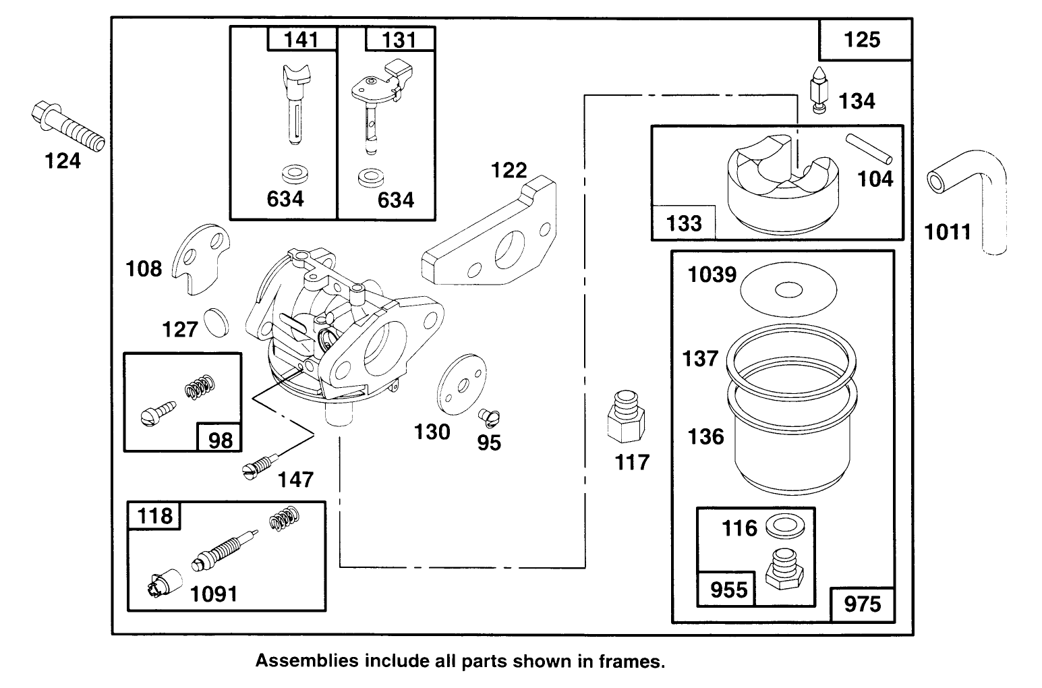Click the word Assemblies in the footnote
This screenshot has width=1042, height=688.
[x=306, y=661]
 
